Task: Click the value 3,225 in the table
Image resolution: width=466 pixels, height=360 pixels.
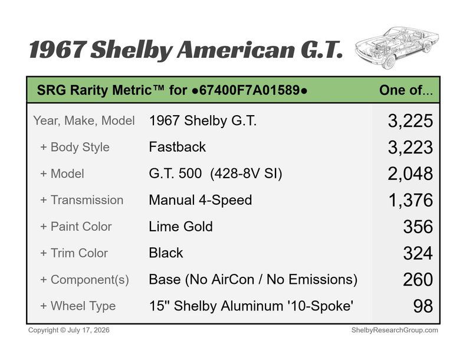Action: click(x=410, y=121)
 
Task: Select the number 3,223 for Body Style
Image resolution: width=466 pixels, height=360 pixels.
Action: click(x=410, y=147)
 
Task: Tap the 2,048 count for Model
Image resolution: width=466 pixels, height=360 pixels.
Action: click(x=410, y=174)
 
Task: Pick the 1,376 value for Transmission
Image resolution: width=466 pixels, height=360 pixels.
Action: click(x=411, y=200)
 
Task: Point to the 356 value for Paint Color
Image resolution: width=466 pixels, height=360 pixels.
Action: click(x=418, y=227)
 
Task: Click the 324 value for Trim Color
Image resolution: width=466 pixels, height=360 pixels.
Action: click(x=418, y=253)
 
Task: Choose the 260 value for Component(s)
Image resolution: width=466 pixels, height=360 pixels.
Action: click(x=418, y=280)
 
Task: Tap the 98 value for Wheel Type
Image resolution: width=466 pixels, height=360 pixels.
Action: click(x=423, y=306)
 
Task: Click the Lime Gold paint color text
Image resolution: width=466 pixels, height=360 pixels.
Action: click(x=181, y=227)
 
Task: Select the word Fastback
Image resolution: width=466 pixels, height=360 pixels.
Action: click(x=177, y=147)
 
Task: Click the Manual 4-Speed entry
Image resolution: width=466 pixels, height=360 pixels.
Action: click(x=201, y=200)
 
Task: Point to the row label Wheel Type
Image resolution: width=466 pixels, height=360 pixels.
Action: click(x=83, y=306)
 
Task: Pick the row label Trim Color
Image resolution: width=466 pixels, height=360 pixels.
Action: click(x=79, y=253)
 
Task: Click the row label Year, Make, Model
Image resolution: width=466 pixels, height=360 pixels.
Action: click(x=84, y=121)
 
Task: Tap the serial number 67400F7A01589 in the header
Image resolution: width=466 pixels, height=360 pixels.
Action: click(x=250, y=90)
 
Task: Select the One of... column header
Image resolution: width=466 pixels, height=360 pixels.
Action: click(x=406, y=90)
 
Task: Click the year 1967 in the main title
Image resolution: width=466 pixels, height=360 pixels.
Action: click(x=58, y=50)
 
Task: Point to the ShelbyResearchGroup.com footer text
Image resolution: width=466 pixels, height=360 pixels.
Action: click(x=395, y=330)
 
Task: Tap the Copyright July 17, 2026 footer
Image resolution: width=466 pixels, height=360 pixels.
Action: click(x=68, y=330)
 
